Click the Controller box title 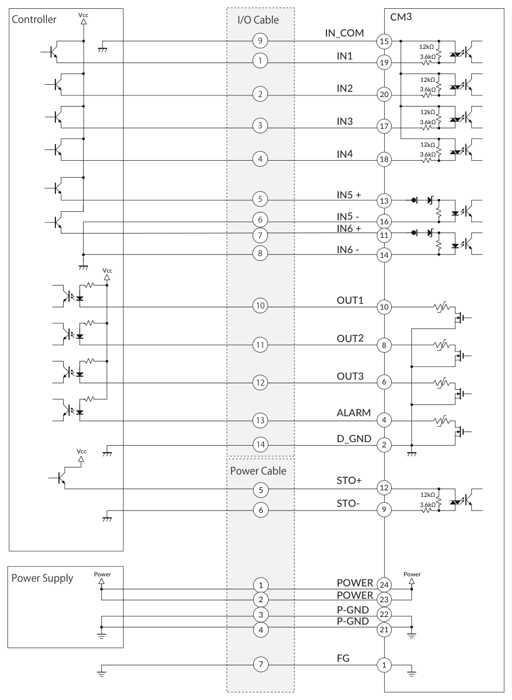pyautogui.click(x=34, y=19)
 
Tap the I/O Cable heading pyautogui.click(x=258, y=19)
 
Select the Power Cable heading pyautogui.click(x=258, y=470)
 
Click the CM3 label pyautogui.click(x=401, y=18)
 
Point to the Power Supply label pyautogui.click(x=42, y=578)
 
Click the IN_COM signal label pyautogui.click(x=345, y=33)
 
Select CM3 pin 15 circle pyautogui.click(x=384, y=42)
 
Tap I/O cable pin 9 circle pyautogui.click(x=260, y=41)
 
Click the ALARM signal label pyautogui.click(x=354, y=413)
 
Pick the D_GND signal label pyautogui.click(x=354, y=439)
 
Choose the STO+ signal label pyautogui.click(x=349, y=480)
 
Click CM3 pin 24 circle pyautogui.click(x=384, y=585)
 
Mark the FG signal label pyautogui.click(x=343, y=658)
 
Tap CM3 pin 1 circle pyautogui.click(x=384, y=665)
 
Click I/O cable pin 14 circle pyautogui.click(x=260, y=444)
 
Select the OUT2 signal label pyautogui.click(x=350, y=339)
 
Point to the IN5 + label pyautogui.click(x=348, y=195)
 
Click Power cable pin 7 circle pyautogui.click(x=261, y=664)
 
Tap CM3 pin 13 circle pyautogui.click(x=384, y=201)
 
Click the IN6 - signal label pyautogui.click(x=348, y=250)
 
